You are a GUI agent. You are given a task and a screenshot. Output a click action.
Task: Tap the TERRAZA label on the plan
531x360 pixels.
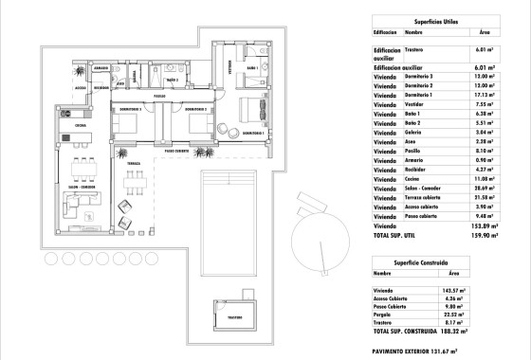point(134,163)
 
